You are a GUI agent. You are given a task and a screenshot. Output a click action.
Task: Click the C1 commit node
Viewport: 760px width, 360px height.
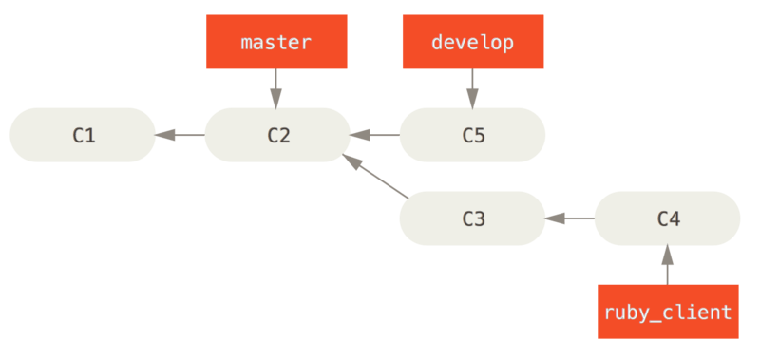tap(83, 135)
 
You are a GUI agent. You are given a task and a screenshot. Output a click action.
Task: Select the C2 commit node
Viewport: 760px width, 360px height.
tap(277, 135)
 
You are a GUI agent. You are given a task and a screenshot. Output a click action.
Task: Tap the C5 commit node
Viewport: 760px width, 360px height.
tap(472, 135)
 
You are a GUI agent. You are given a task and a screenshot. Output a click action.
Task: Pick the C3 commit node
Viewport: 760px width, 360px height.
tap(472, 218)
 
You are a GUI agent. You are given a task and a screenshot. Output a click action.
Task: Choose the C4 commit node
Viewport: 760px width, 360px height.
tap(667, 218)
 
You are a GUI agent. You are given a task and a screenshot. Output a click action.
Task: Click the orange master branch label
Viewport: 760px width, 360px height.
tap(276, 43)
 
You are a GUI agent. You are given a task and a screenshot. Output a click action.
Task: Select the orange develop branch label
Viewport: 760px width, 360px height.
tap(472, 43)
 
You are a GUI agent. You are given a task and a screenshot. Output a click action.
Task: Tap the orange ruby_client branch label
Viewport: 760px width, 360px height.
tap(667, 312)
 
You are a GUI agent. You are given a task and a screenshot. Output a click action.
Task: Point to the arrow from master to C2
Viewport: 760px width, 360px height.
tap(276, 88)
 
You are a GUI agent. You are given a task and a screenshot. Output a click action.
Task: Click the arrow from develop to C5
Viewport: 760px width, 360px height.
tap(472, 88)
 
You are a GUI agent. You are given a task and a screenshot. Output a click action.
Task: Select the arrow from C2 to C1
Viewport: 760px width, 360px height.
tap(180, 135)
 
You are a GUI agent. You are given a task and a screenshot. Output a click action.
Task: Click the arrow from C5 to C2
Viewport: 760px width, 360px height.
tap(374, 135)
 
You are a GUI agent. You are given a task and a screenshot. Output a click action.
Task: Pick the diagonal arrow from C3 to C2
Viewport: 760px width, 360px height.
tap(374, 177)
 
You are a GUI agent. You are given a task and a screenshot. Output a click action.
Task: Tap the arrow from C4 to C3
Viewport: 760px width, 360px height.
tap(569, 218)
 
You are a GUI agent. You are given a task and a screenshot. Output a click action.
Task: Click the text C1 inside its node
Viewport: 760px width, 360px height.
tap(84, 135)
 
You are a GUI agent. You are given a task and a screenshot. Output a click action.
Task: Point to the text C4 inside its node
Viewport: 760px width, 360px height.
tap(668, 218)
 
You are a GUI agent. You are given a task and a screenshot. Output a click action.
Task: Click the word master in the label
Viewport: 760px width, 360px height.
tap(276, 43)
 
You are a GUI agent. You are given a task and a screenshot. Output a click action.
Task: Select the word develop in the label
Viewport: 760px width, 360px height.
tap(472, 43)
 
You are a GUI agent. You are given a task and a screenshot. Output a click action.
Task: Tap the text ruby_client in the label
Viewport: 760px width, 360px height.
tap(667, 312)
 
